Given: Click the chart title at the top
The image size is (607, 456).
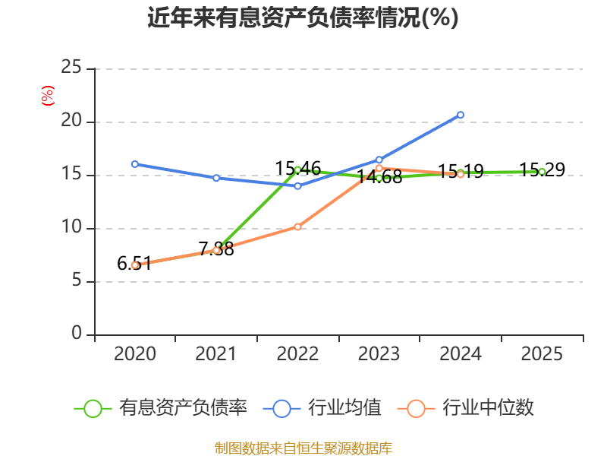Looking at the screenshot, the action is [x=303, y=17].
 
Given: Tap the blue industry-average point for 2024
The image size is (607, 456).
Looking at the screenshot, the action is [x=461, y=115].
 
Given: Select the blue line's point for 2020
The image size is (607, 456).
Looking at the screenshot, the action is [x=135, y=164].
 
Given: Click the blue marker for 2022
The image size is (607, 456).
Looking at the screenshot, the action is [x=297, y=186].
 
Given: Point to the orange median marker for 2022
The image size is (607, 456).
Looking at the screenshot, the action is [x=297, y=226].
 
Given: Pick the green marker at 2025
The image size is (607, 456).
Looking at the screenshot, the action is [x=542, y=172].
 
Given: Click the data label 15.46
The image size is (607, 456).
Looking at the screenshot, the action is [x=297, y=169].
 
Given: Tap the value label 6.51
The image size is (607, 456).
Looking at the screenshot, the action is [x=134, y=264].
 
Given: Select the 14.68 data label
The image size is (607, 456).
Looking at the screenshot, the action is [x=379, y=177].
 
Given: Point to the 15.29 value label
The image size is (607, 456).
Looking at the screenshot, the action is [x=542, y=169].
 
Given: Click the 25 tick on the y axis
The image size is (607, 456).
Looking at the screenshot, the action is [x=71, y=67].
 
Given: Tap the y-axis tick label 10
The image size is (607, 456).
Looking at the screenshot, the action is [x=71, y=226].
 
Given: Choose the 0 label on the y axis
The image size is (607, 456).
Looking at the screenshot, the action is [x=77, y=333].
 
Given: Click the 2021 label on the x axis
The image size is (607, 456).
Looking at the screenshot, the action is [x=215, y=353].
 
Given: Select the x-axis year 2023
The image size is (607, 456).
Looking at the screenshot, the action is [x=379, y=353].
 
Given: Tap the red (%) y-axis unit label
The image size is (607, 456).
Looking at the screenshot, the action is [x=48, y=96].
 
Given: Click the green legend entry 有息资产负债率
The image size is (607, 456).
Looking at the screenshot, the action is [x=160, y=408].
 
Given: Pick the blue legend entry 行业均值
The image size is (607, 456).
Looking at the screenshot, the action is [x=322, y=408].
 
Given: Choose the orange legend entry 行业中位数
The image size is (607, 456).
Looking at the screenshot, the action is [x=466, y=408].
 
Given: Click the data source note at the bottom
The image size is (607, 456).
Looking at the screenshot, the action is [x=303, y=448].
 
